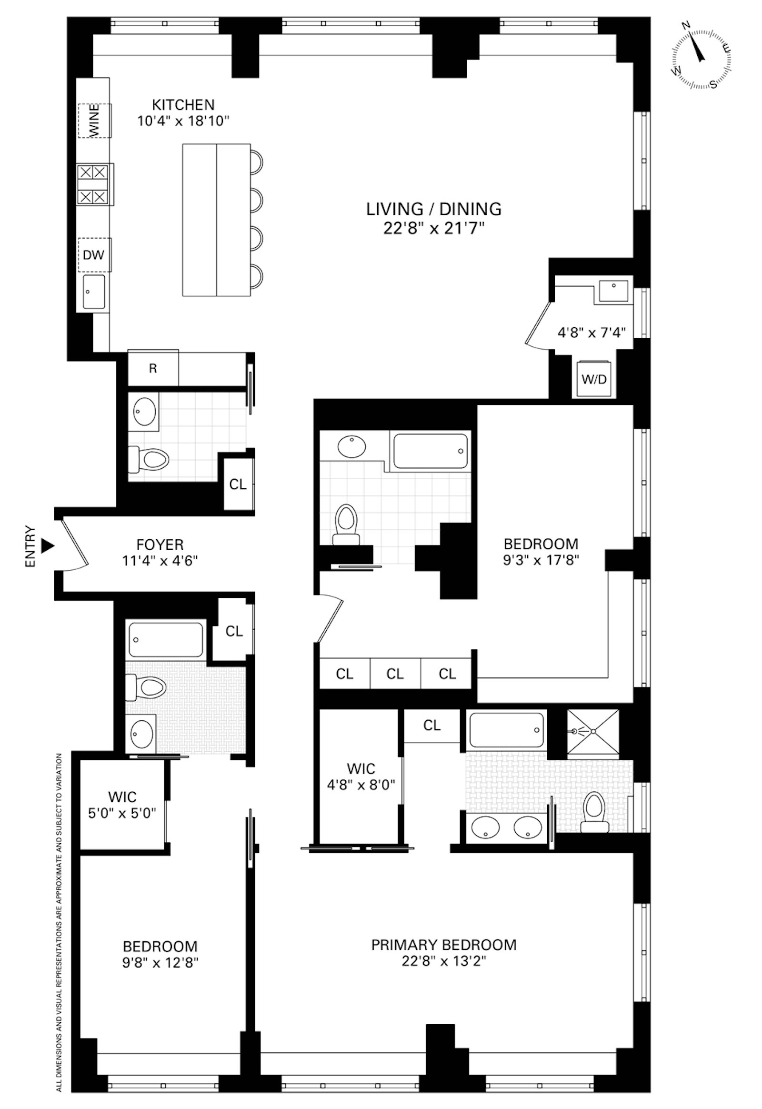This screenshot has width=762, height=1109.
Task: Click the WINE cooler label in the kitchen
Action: [94, 121]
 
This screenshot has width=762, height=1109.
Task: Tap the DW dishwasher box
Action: [93, 254]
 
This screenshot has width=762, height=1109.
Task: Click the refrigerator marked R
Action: [153, 368]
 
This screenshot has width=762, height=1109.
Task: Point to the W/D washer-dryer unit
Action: [593, 379]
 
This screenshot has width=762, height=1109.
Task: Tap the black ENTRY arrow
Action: [47, 545]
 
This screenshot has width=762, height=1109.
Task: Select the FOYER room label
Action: [160, 544]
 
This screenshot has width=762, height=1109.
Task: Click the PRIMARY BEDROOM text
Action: [443, 945]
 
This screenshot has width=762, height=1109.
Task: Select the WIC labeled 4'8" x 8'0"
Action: [361, 776]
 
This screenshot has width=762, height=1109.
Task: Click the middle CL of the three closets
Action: [395, 674]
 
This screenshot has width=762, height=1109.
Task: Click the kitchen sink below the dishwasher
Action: [93, 292]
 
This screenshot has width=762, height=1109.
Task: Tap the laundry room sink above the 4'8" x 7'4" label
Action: [613, 291]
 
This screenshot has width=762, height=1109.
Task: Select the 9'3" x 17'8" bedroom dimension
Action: [541, 560]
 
